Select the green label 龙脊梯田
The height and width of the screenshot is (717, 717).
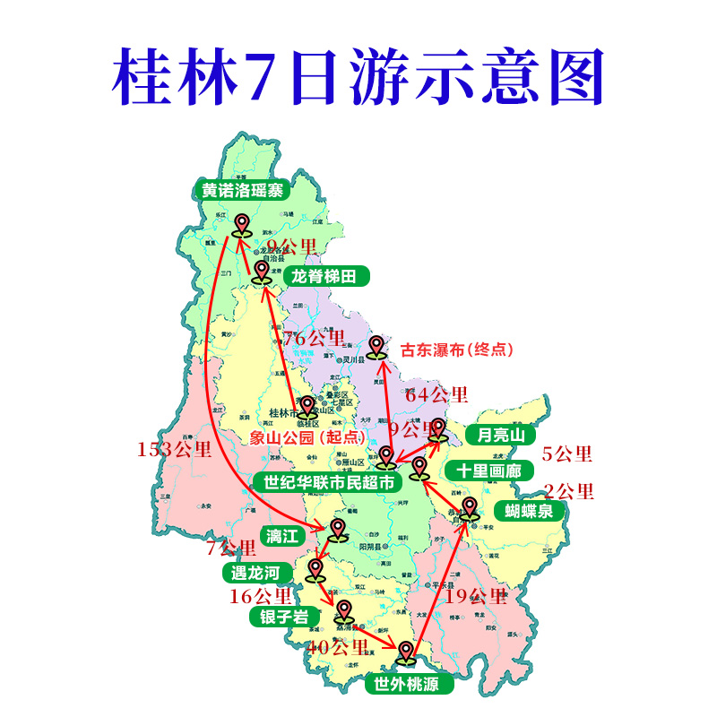330,277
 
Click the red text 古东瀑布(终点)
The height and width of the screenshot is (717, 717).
457,350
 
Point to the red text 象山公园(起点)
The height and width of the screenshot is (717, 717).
296,437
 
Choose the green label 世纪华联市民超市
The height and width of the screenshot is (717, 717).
328,481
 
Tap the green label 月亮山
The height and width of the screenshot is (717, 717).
500,436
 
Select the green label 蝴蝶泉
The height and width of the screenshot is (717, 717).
529,511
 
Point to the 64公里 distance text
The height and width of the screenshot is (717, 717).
436,394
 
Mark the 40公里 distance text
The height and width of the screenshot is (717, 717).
338,646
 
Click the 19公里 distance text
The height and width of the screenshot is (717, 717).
476,596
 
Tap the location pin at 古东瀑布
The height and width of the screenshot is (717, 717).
376,347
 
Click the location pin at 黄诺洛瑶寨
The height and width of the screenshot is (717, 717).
241,224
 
